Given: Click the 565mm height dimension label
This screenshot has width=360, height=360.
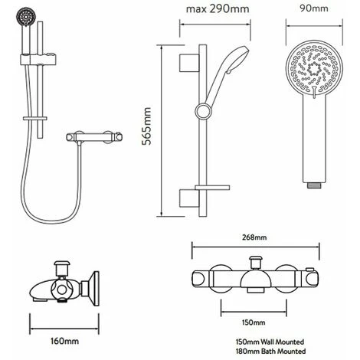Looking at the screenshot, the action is pyautogui.click(x=146, y=126).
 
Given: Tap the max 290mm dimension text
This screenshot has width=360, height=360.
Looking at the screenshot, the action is pyautogui.click(x=218, y=9).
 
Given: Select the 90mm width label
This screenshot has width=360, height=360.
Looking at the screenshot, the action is pyautogui.click(x=314, y=8).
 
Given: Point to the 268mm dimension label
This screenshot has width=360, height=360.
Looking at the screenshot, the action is pyautogui.click(x=254, y=237).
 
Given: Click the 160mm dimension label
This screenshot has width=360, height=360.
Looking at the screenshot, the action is pyautogui.click(x=64, y=341).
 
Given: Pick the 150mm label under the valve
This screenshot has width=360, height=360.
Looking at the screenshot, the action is pyautogui.click(x=254, y=322).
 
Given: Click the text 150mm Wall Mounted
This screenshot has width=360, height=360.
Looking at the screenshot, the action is pyautogui.click(x=270, y=342).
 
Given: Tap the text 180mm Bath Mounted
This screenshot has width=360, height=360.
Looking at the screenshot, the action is pyautogui.click(x=270, y=351).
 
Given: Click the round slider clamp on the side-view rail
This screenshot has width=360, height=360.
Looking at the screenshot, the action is pyautogui.click(x=204, y=111).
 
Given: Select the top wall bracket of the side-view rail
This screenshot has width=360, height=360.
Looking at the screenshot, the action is pyautogui.click(x=189, y=63).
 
